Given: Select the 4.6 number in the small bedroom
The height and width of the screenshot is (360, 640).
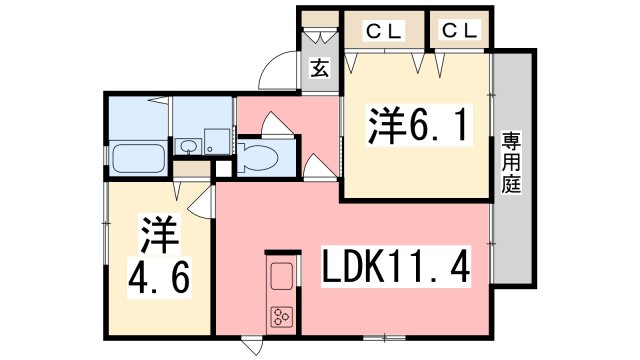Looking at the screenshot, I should click(x=157, y=273).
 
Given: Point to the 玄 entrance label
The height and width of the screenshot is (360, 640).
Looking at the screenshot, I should click(x=319, y=69).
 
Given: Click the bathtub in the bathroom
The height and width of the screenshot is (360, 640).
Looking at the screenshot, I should click(x=139, y=160).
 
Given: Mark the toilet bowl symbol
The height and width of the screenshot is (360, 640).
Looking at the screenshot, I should click(x=259, y=158).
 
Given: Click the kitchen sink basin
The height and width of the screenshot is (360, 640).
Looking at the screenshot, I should click(x=280, y=274).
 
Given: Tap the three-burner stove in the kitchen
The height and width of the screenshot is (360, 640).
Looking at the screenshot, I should click(x=280, y=319).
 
